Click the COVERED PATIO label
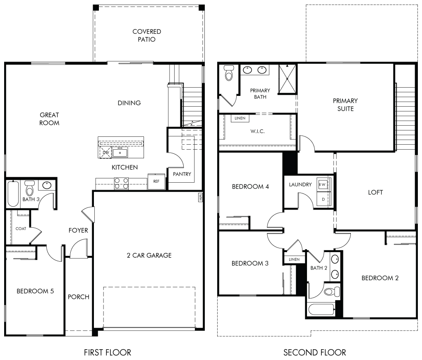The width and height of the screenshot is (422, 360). (147, 36)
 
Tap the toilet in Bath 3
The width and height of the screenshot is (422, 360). (29, 188)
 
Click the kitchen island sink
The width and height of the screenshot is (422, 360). (120, 153)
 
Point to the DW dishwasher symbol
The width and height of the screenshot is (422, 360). (105, 153)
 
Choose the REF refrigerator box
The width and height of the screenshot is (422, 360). (156, 181)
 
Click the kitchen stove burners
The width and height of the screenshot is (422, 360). (121, 184)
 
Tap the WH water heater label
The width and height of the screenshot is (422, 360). (200, 197)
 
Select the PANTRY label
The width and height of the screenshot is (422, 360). (182, 174)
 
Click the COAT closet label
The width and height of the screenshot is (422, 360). (21, 229)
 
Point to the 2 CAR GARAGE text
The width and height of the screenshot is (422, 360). (149, 255)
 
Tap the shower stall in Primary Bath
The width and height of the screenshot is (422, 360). (287, 79)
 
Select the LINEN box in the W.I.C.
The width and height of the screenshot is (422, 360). (240, 118)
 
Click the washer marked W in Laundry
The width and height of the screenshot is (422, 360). (322, 184)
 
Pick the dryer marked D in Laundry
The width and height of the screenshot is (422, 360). (323, 199)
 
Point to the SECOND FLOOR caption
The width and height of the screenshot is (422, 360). (314, 352)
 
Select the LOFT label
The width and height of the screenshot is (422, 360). (375, 192)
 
